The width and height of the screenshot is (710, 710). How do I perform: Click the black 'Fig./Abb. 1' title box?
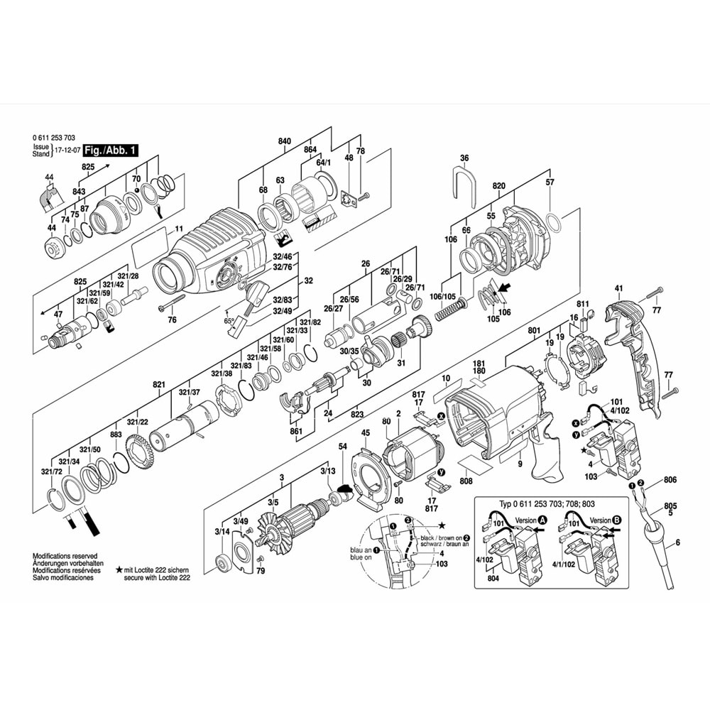(111, 151)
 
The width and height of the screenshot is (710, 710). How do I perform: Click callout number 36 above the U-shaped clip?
(464, 158)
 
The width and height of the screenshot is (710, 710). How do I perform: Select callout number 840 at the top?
(284, 142)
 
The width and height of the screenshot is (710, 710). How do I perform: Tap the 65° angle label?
(229, 320)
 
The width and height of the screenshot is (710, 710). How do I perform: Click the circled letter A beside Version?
(542, 520)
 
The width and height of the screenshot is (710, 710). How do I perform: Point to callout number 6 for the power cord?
(677, 542)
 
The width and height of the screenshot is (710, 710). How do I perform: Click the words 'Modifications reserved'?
(65, 557)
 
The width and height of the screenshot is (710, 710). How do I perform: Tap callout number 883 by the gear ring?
(116, 435)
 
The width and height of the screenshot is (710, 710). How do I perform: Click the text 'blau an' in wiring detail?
(360, 550)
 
